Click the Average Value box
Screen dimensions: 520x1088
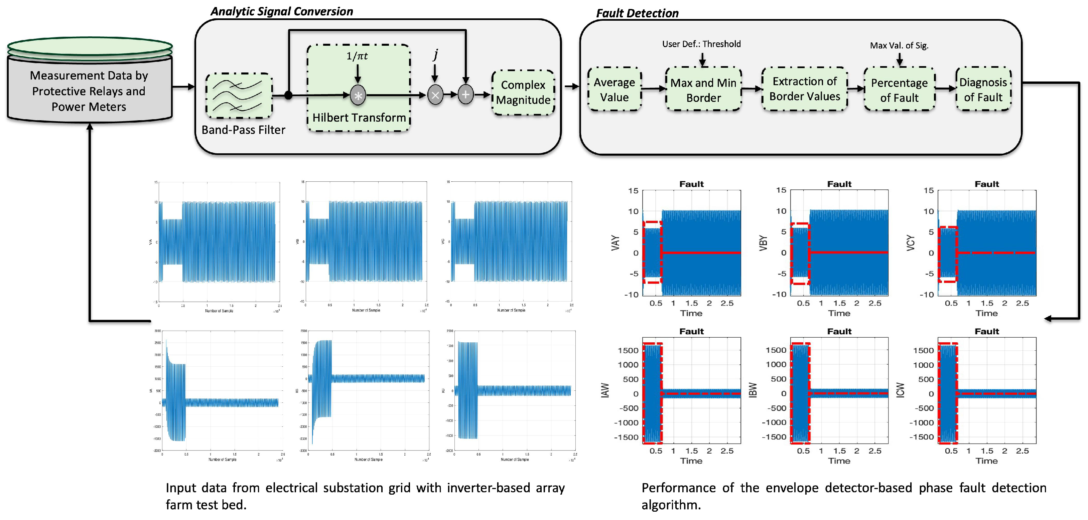615,90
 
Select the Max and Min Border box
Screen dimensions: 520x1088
703,90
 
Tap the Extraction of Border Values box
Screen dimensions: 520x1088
805,89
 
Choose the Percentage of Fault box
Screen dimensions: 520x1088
899,90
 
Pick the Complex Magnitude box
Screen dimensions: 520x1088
523,93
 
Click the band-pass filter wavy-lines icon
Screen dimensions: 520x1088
239,96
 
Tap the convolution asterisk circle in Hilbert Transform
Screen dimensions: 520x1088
358,96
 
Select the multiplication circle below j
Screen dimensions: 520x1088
435,95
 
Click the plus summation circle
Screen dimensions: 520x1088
465,95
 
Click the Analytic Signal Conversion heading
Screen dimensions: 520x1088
282,11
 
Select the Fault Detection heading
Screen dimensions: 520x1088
637,13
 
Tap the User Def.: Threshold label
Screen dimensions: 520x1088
701,44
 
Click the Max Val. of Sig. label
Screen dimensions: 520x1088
899,45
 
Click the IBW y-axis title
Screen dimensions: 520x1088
752,390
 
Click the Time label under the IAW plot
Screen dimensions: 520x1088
691,461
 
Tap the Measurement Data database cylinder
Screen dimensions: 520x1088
90,84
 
